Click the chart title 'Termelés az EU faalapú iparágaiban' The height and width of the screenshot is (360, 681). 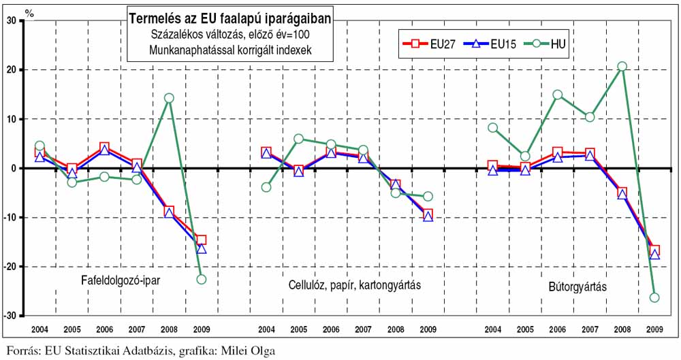[229, 19]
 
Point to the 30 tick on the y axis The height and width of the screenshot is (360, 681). [11, 20]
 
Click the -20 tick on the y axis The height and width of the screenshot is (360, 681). [10, 267]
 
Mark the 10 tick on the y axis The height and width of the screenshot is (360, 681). [11, 119]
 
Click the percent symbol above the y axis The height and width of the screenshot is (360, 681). [29, 10]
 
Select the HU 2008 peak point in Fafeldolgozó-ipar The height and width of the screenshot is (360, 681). [169, 98]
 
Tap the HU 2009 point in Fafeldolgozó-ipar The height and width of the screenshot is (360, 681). [201, 279]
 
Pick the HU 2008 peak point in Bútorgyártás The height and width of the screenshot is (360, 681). [622, 67]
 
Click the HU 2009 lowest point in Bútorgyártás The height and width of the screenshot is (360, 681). [654, 297]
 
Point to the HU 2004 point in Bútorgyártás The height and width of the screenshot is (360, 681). [492, 127]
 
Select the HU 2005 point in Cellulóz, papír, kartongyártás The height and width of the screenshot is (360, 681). [298, 139]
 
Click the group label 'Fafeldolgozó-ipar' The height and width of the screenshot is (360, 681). [120, 279]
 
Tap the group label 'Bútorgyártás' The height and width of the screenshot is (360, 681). [577, 287]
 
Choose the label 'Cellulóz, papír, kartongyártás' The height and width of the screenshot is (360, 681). [351, 284]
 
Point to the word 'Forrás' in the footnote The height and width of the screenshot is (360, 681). [21, 352]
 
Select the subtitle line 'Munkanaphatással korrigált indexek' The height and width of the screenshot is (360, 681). [229, 50]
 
